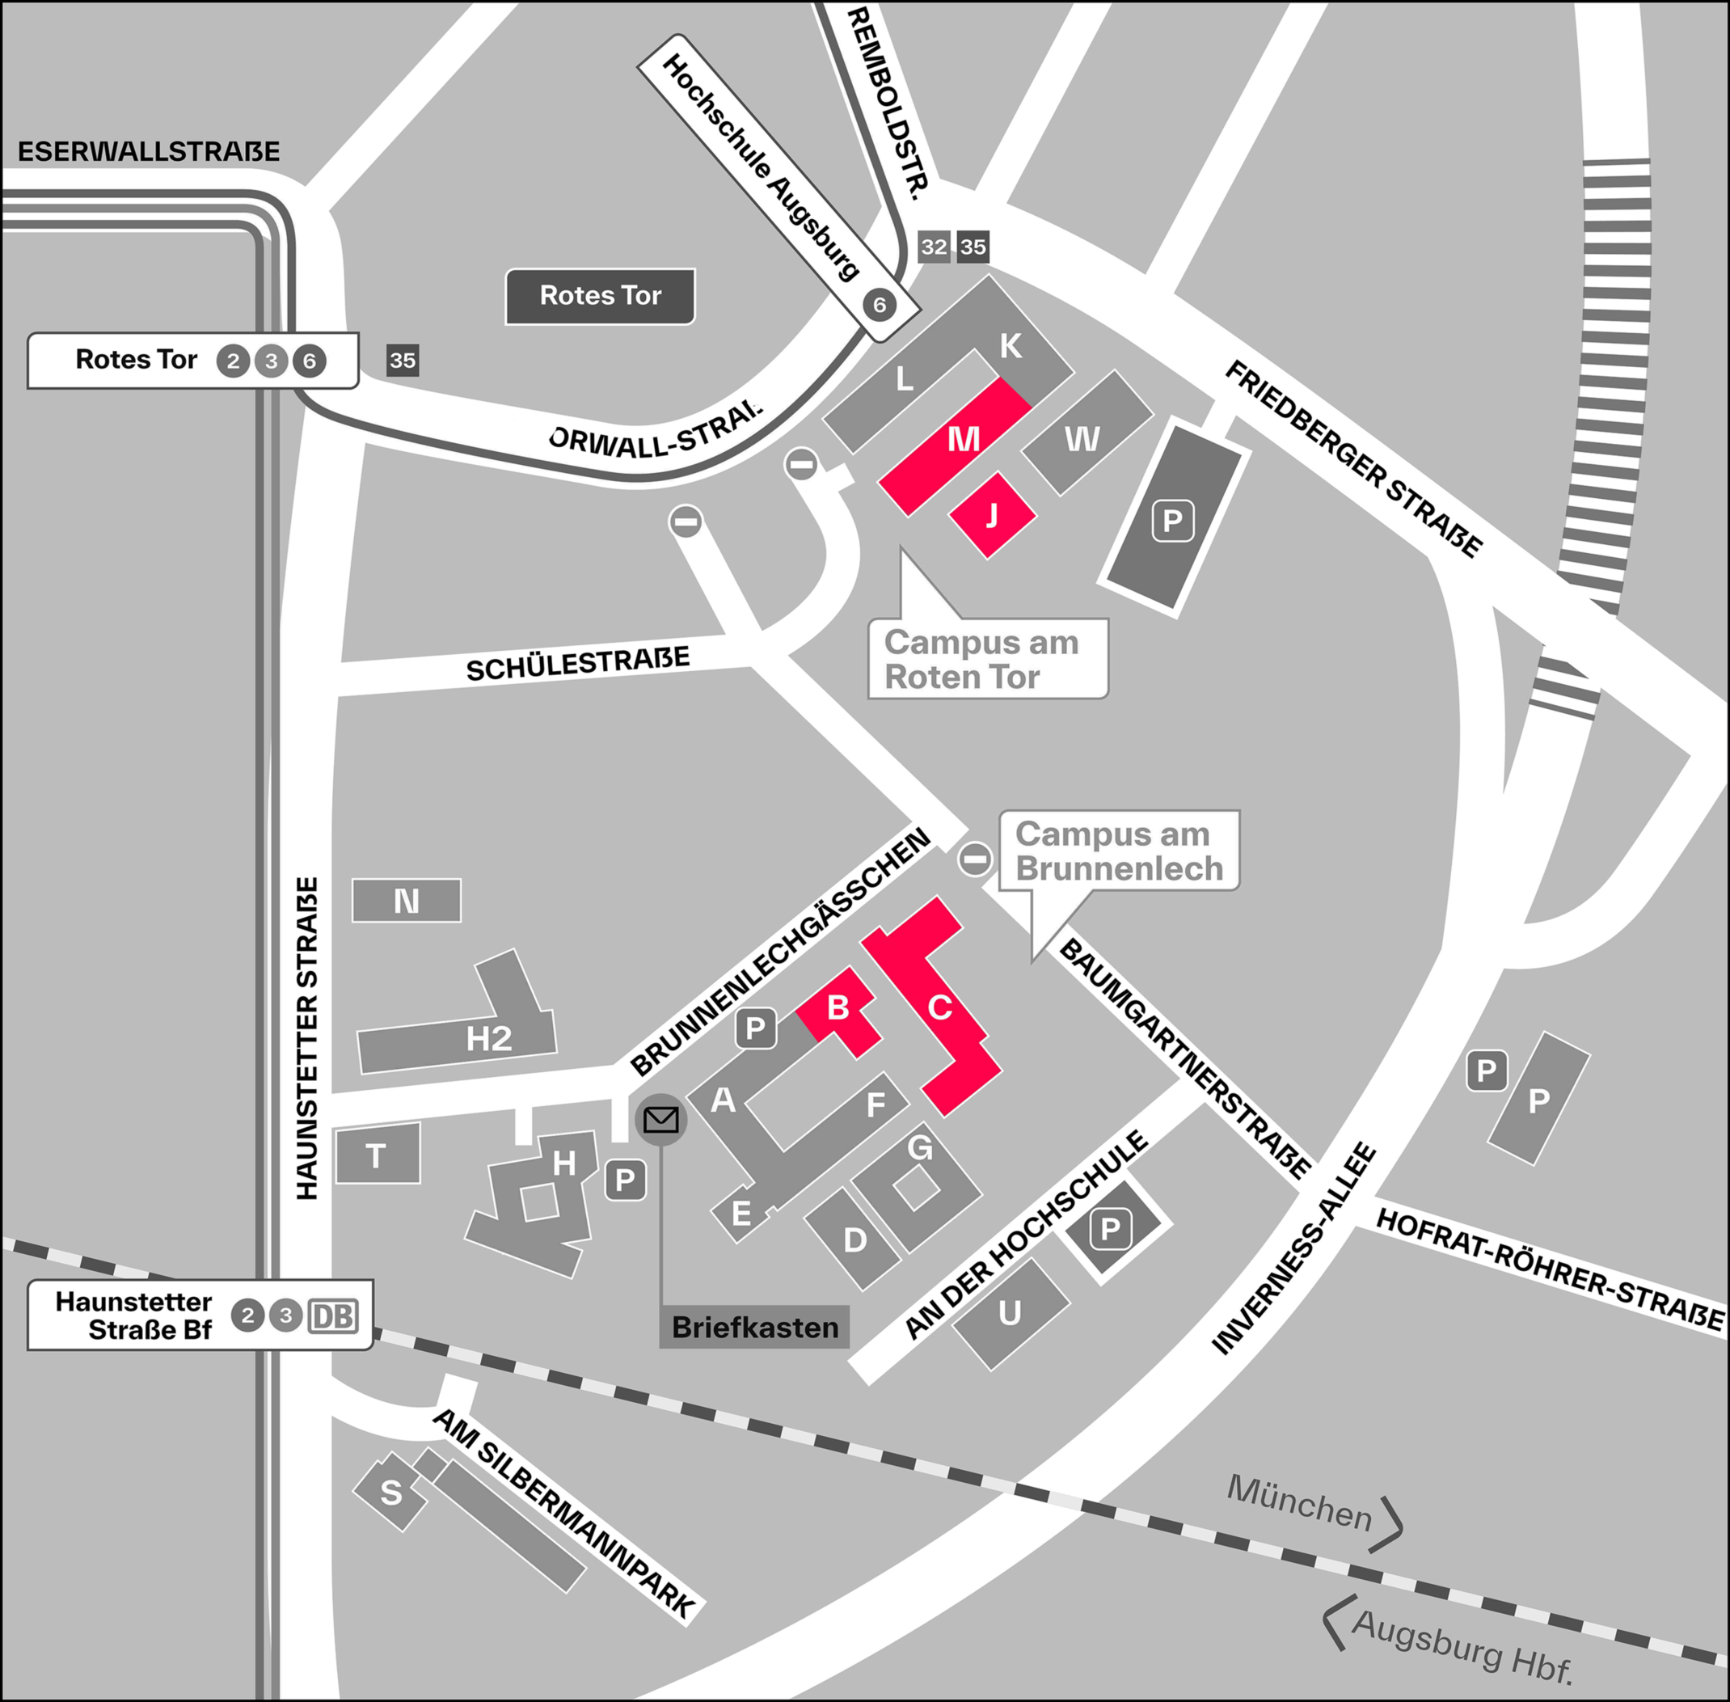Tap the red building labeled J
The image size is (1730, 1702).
pos(992,516)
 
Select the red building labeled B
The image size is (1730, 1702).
pos(838,1009)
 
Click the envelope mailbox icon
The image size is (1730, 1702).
pos(661,1119)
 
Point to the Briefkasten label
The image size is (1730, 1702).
pos(754,1328)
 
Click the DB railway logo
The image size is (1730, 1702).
pos(333,1316)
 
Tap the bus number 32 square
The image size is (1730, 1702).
pos(934,247)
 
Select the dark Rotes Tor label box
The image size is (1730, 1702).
pos(601,296)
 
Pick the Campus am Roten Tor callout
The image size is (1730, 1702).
pos(987,659)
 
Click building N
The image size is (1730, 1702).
pos(407,900)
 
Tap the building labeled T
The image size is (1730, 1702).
pos(377,1155)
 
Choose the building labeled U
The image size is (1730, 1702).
pos(1010,1312)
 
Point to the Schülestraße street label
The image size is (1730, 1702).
pos(578,664)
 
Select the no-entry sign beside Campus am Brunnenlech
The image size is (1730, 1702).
pos(975,858)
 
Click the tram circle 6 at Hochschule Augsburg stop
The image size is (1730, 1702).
pos(880,306)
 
